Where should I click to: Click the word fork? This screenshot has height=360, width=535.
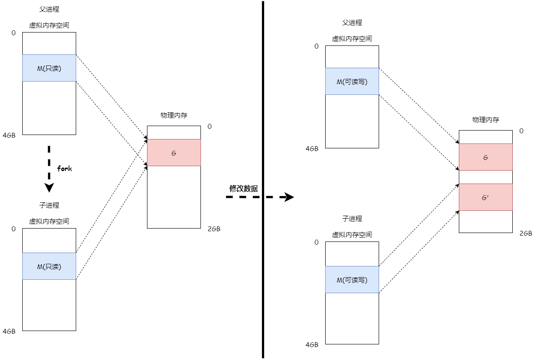tap(65, 168)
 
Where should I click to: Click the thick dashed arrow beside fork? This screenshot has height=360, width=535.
tap(49, 168)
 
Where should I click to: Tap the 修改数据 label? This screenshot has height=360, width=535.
tap(243, 188)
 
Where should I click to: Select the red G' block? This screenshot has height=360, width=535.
tap(486, 197)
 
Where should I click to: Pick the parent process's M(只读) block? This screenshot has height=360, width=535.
tap(49, 68)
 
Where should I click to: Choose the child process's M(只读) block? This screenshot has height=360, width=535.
tap(49, 266)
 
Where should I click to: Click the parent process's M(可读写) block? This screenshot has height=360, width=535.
tap(352, 82)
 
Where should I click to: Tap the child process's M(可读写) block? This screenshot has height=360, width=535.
tap(352, 280)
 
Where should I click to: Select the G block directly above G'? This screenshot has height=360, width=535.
tap(486, 157)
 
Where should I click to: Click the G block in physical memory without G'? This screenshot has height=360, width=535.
tap(174, 153)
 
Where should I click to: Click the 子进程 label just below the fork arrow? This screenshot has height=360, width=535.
tap(49, 205)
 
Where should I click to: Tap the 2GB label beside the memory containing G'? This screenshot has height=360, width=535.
tap(526, 233)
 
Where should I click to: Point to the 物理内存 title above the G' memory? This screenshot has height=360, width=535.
tap(486, 120)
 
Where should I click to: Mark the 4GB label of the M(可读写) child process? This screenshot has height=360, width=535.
tap(312, 345)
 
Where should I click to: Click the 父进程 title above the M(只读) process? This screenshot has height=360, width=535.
tap(49, 9)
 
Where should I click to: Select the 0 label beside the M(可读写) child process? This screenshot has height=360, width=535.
tap(316, 242)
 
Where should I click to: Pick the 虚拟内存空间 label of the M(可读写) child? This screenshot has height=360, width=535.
tap(352, 235)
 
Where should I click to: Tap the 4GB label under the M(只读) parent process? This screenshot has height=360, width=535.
tap(9, 135)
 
